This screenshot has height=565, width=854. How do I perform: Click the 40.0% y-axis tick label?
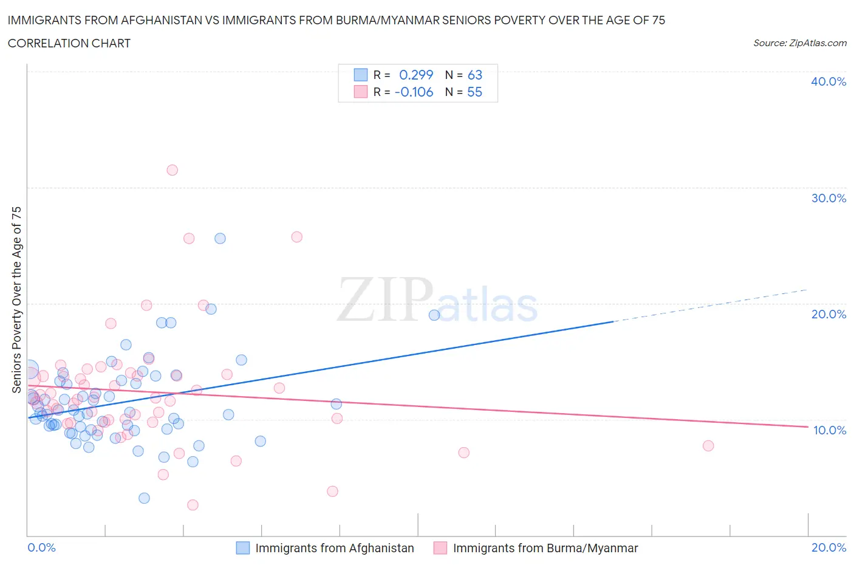(828, 81)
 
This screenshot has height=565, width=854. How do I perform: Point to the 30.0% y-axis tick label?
(828, 198)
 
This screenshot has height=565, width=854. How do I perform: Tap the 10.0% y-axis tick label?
(829, 430)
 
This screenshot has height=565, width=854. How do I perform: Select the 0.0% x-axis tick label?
(41, 547)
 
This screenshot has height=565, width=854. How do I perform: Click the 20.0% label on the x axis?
(828, 547)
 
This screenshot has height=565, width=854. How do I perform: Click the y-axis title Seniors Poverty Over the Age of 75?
(16, 300)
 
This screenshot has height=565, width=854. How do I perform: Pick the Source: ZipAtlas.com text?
(799, 43)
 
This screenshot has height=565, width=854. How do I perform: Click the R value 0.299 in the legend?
(416, 75)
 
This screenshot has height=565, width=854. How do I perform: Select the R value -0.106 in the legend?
(414, 92)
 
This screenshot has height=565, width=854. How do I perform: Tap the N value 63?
(474, 75)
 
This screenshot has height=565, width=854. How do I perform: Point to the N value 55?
(474, 92)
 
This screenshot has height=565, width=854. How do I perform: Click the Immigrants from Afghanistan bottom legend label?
(334, 548)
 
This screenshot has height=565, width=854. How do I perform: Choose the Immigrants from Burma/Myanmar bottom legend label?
(545, 548)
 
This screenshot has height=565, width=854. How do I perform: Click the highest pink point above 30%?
(172, 170)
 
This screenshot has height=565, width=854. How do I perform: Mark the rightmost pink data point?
(708, 446)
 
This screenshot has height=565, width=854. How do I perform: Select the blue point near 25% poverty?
(220, 238)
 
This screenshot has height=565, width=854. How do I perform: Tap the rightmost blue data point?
(434, 315)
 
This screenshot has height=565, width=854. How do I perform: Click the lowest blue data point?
(144, 498)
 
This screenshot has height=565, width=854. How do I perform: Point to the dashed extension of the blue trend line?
(711, 305)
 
